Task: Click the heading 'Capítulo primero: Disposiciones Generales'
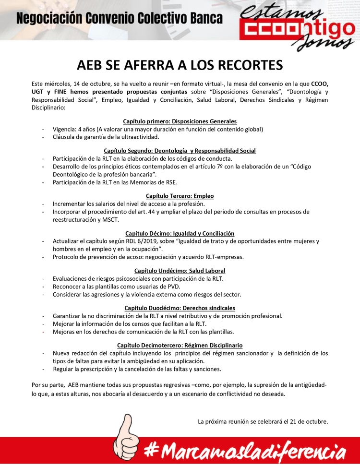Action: click(180, 121)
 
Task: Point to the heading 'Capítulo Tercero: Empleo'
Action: click(180, 196)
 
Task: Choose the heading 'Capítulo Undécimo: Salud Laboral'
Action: click(180, 271)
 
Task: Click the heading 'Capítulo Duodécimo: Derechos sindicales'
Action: click(180, 308)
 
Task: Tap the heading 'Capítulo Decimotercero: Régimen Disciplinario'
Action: click(180, 345)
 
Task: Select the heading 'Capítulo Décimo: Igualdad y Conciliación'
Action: click(180, 233)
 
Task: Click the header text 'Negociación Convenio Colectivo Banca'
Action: click(120, 19)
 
